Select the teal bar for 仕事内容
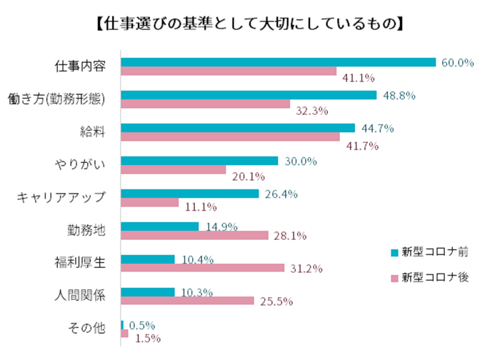click(278, 62)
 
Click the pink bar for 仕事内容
click(229, 71)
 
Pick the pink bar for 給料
click(231, 137)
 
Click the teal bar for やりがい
click(199, 161)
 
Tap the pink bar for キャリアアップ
click(150, 203)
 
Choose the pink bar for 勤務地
click(194, 236)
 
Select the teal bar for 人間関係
click(148, 292)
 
